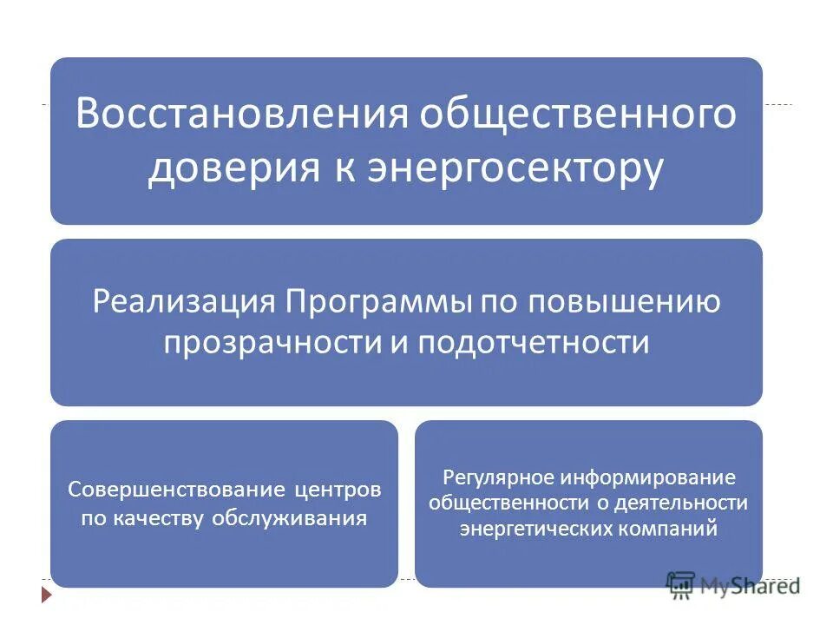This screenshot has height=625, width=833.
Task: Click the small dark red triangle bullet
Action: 46,595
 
